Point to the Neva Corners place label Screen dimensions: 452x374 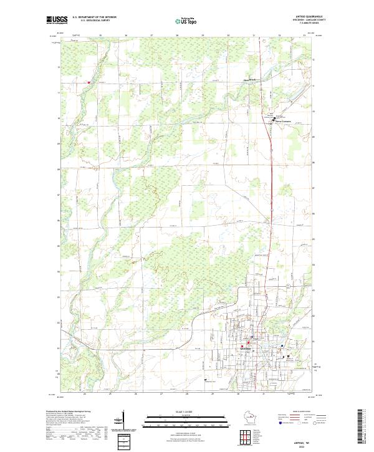tap(283, 121)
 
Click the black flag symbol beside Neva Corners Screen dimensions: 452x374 tap(272, 116)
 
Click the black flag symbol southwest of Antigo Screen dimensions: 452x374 tap(204, 378)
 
